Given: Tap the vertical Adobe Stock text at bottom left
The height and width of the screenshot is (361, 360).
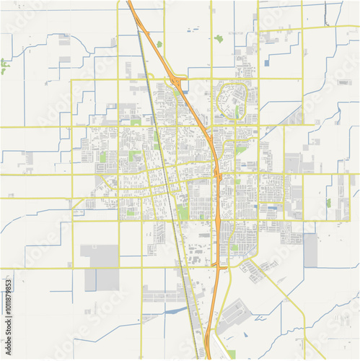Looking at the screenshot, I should pos(9,347).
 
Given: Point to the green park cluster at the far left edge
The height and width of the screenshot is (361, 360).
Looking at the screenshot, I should pos(4,66).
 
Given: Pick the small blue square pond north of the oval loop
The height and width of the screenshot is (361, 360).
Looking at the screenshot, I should pos(266,63).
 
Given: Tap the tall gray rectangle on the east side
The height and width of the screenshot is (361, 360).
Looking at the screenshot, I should pos(310,250).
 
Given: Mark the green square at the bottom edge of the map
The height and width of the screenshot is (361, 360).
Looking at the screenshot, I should pos(231,354).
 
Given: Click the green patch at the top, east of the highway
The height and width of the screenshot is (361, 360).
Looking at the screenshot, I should pos(218,38).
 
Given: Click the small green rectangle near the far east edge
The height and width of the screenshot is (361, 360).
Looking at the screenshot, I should pos(328,203).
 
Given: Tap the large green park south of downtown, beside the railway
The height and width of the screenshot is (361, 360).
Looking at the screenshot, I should pos(183,212).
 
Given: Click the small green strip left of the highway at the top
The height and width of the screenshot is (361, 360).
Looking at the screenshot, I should pos(159,44).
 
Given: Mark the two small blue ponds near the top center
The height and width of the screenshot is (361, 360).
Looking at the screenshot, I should pos(193,30).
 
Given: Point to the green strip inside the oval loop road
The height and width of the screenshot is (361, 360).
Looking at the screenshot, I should pos(236,112).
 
